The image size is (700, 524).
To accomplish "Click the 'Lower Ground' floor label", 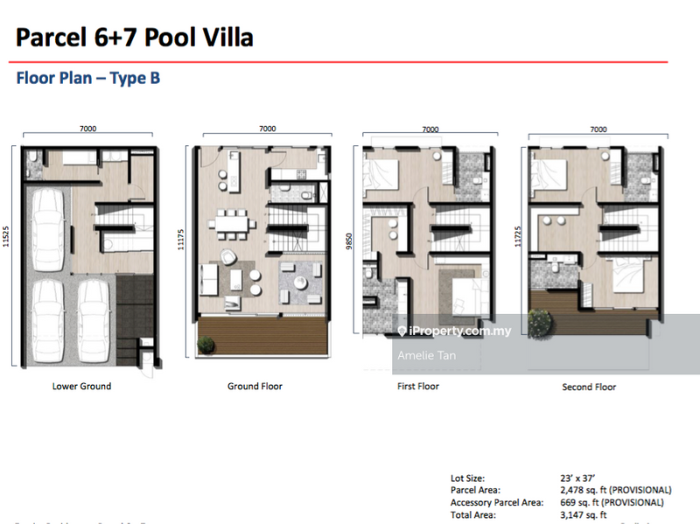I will click(x=81, y=386).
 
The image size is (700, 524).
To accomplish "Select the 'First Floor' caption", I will click(x=417, y=386).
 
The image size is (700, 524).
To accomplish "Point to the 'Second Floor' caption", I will click(x=589, y=387).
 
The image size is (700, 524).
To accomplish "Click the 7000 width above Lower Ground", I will click(x=87, y=129).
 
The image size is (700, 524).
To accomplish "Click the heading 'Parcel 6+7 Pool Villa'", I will click(x=135, y=38).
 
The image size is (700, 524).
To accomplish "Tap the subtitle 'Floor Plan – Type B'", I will click(x=88, y=79).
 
